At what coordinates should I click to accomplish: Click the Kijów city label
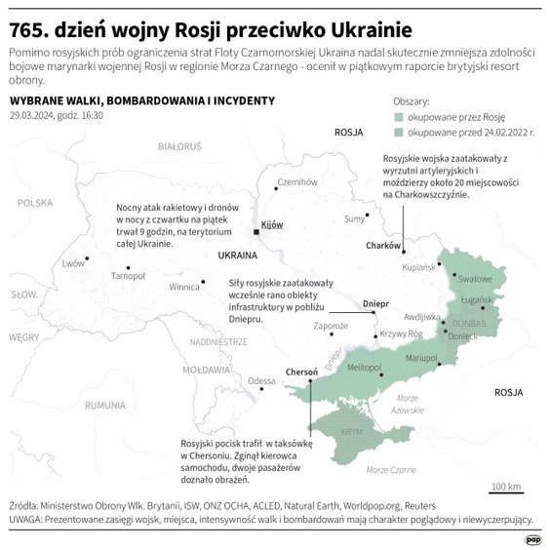coord(272,224)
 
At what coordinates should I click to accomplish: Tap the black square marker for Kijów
coord(256,232)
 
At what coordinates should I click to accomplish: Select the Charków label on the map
coord(383,246)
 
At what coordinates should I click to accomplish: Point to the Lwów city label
coord(73,263)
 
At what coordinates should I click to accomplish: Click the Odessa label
coord(261,380)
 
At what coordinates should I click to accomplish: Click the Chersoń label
coord(301,372)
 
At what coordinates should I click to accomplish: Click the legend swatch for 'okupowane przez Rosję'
coord(399,115)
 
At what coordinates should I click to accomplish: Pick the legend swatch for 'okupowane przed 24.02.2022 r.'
coord(399,130)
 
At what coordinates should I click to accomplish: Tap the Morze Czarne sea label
coord(389,470)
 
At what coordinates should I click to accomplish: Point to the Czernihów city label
coord(297,182)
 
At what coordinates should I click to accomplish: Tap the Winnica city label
coord(184,288)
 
